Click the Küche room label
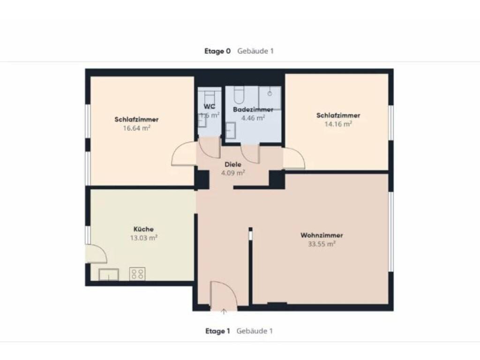coord(143,229)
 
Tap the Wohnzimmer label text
coord(322,235)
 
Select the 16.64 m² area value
coord(136,128)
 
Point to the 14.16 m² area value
coord(338,124)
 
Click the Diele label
coord(233,165)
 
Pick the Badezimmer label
coord(253,110)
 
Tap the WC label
coord(210,106)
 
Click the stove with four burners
coord(137,274)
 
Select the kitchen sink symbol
coord(109,275)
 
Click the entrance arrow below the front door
coord(224,312)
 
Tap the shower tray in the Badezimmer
coord(270,98)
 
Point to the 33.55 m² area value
coord(322,244)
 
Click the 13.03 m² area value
coord(144,238)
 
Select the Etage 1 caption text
coord(217,331)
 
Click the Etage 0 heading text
coord(217,51)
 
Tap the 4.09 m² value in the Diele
coord(233,173)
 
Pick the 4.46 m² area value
coord(253,118)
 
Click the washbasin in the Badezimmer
coord(231,130)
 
